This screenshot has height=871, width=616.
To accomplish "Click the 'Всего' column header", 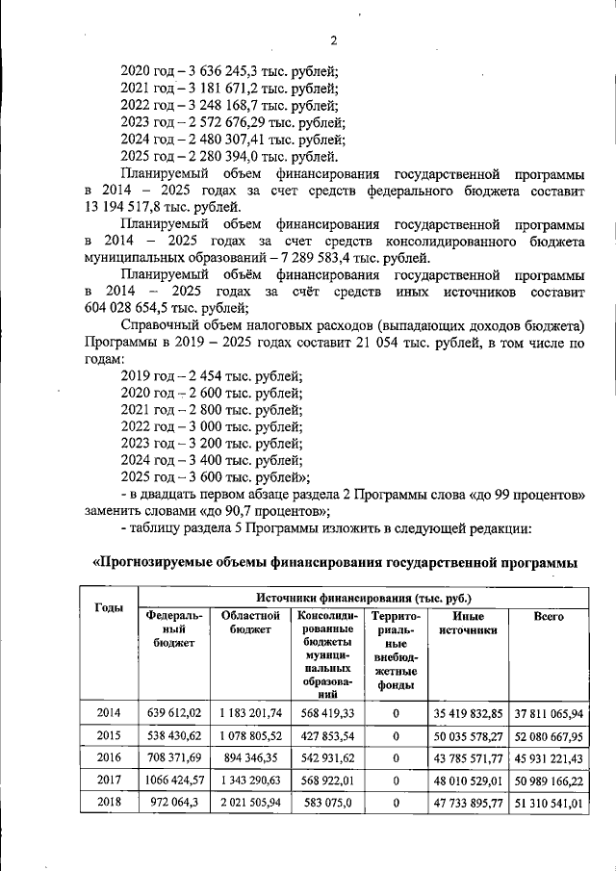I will pyautogui.click(x=549, y=616).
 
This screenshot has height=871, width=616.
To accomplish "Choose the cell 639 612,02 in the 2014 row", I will pyautogui.click(x=174, y=713).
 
